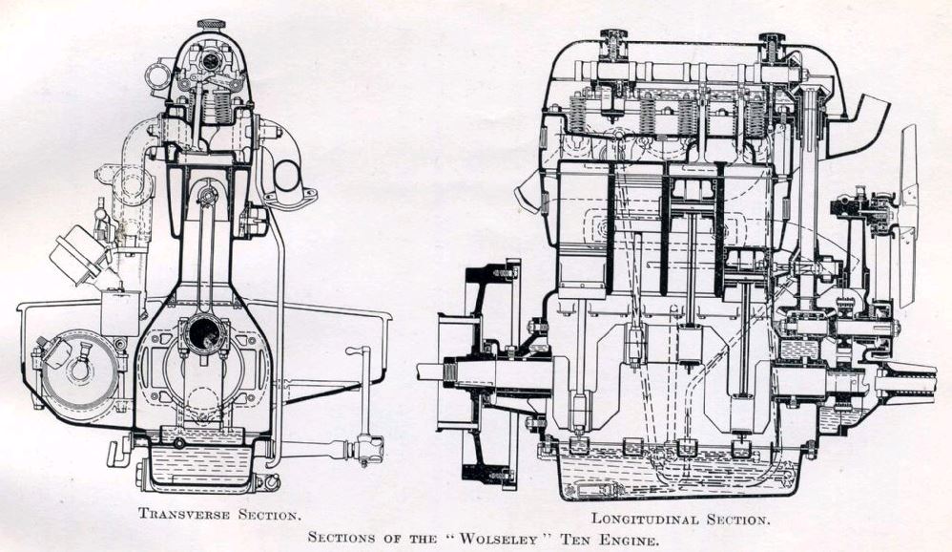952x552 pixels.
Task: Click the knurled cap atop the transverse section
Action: click(x=211, y=24)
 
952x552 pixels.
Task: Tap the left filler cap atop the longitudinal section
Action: click(x=612, y=42)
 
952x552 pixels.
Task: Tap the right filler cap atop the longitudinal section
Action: click(x=771, y=44)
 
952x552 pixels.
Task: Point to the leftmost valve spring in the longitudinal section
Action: click(x=576, y=117)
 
